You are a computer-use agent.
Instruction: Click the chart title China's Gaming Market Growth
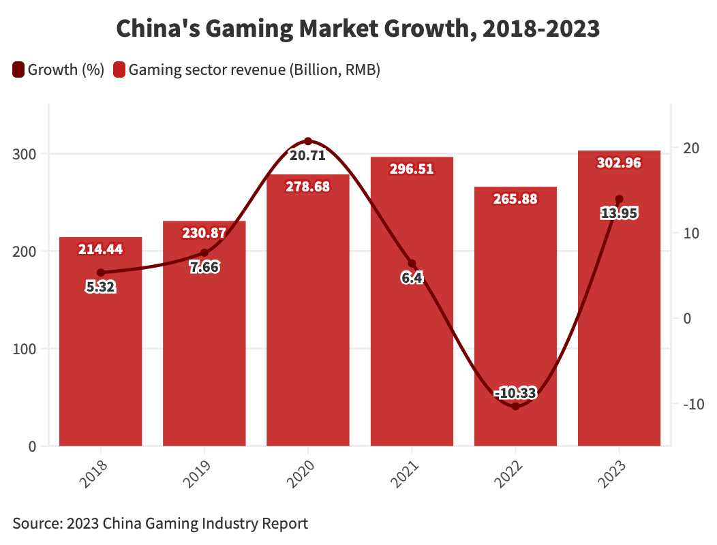(358, 29)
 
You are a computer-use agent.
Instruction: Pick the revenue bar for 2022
(515, 307)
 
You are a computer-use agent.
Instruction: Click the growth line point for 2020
(308, 141)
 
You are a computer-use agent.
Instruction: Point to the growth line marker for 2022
(515, 406)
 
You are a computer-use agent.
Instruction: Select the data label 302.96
(619, 163)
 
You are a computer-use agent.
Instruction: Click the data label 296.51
(412, 169)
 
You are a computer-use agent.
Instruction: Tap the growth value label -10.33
(515, 393)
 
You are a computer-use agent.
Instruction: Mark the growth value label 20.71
(308, 155)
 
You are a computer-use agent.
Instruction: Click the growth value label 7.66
(204, 267)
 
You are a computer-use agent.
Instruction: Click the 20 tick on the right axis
(689, 148)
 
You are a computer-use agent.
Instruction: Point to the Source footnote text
(160, 523)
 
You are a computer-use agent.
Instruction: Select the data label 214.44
(101, 249)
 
